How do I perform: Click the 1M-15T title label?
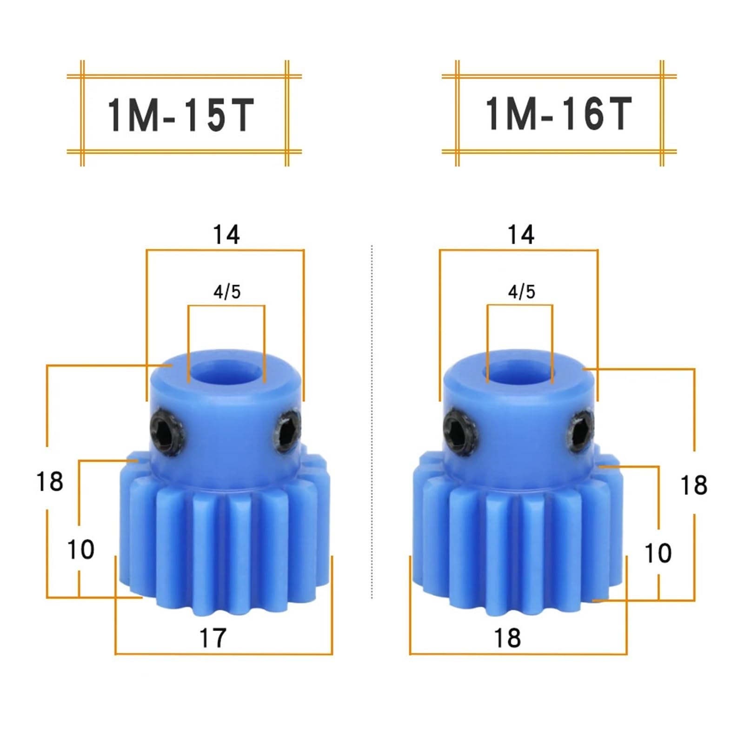coord(181,114)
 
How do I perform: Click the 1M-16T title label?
coord(558,114)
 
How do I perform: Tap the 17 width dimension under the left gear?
coord(213,638)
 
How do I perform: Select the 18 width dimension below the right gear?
coord(507,638)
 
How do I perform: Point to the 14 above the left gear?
coord(226,235)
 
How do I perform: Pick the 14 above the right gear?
coord(521,235)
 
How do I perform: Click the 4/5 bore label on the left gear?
coord(227,292)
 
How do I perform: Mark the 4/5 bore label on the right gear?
coord(521,292)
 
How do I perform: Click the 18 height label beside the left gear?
coord(50,481)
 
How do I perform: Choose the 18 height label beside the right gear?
coord(693,485)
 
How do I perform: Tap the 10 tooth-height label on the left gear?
coord(80,550)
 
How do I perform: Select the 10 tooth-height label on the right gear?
coord(658,553)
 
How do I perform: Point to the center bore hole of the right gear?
coord(520,373)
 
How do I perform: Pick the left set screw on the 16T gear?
coord(460,430)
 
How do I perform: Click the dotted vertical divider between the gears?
coord(372,418)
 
